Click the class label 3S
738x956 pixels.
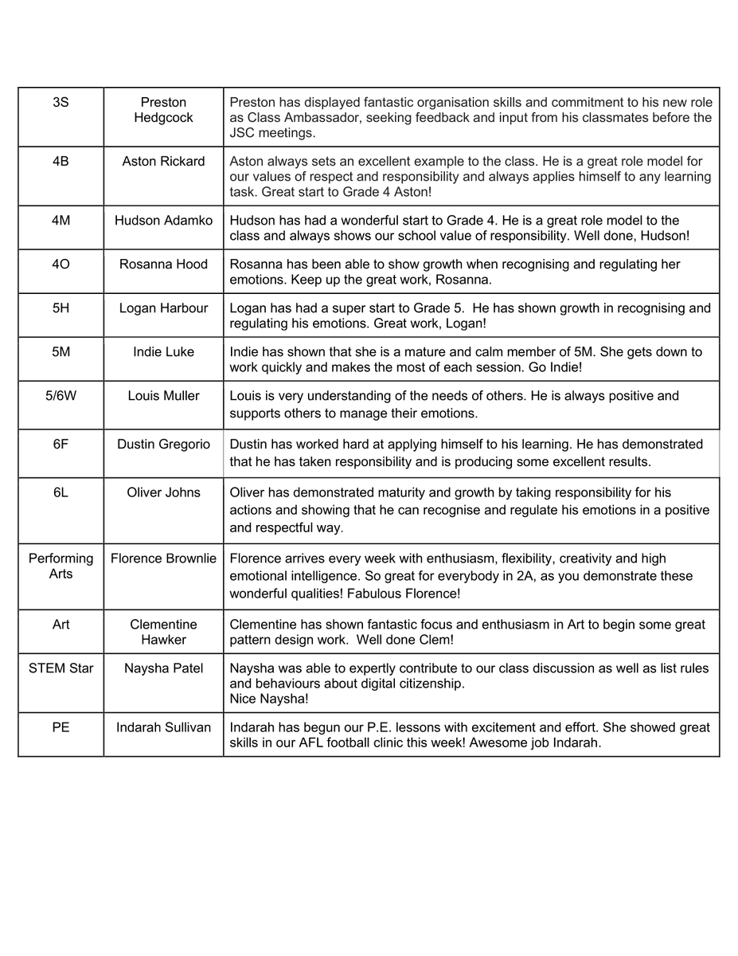click(x=61, y=102)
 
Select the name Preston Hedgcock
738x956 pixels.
click(x=163, y=110)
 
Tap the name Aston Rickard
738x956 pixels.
click(x=163, y=161)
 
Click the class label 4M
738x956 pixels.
click(x=61, y=220)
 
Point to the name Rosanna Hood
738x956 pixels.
click(x=163, y=264)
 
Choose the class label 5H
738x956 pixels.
click(x=61, y=308)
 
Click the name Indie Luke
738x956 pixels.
click(x=163, y=351)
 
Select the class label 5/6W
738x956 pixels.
click(x=61, y=395)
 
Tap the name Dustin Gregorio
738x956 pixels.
click(x=163, y=444)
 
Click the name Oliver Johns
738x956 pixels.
click(x=163, y=492)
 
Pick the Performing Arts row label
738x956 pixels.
click(x=61, y=566)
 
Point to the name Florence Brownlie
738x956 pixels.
click(x=163, y=558)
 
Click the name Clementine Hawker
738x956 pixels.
click(x=163, y=632)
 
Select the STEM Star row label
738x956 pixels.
click(x=61, y=668)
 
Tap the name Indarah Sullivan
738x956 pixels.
click(x=163, y=727)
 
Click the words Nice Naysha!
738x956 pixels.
click(x=269, y=699)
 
